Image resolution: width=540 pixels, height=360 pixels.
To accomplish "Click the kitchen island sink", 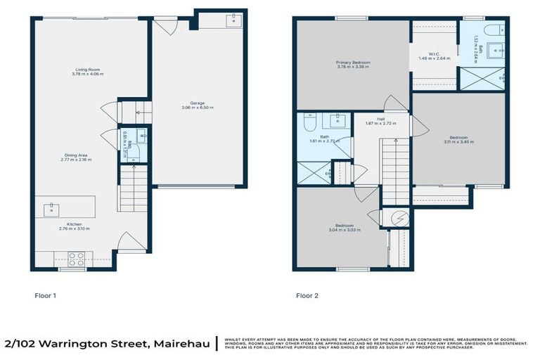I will [x=51, y=208].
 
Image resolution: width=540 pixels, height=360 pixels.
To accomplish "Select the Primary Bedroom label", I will [x=353, y=65].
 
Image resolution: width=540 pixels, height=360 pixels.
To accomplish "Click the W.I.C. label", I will [x=434, y=56].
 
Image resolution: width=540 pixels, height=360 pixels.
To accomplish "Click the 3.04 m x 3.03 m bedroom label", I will [x=344, y=228].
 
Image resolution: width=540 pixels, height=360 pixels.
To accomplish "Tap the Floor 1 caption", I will [x=45, y=296].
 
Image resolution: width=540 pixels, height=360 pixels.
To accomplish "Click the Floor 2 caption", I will [x=307, y=296].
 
